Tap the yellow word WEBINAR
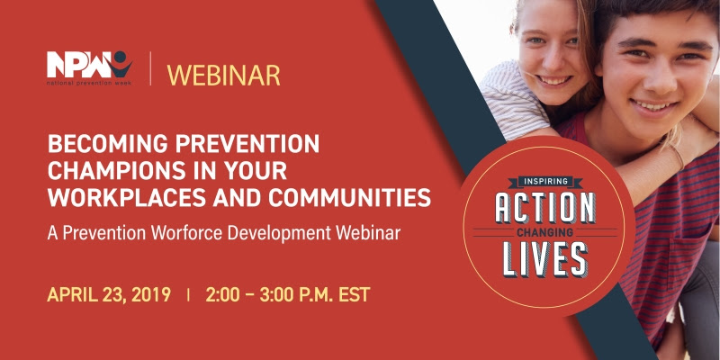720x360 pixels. [223, 76]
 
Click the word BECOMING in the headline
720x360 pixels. [105, 145]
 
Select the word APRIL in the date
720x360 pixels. [71, 295]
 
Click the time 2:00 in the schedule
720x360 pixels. [222, 295]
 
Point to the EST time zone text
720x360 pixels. [354, 295]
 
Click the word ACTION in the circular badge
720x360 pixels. [545, 208]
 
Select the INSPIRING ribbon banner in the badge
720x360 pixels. [545, 183]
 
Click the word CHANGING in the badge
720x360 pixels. [545, 232]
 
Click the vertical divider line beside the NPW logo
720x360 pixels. [150, 68]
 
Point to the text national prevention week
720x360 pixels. [88, 84]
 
